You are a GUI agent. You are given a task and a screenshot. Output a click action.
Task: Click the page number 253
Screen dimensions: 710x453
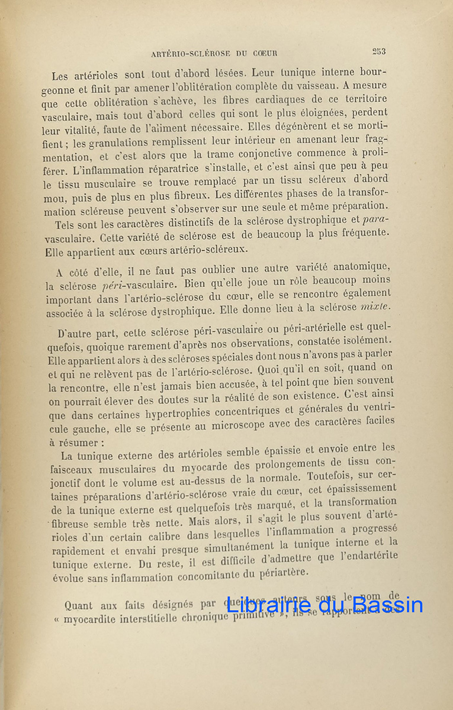click(379, 51)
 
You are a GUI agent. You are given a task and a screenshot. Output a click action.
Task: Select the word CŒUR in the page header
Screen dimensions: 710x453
click(264, 53)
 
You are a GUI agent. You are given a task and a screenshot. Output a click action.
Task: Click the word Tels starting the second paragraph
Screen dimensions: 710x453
click(65, 225)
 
